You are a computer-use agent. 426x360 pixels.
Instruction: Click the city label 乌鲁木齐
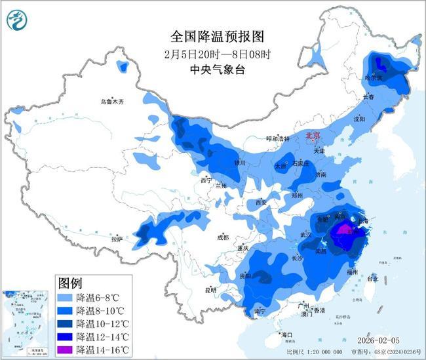[x=111, y=102]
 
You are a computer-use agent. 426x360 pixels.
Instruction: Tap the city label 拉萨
[x=117, y=239]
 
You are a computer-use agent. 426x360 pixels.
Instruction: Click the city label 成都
[x=223, y=237]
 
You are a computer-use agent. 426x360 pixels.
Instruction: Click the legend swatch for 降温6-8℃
[x=66, y=297]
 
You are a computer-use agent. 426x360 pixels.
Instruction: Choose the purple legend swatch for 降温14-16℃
[x=66, y=350]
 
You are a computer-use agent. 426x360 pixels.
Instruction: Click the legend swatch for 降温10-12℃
[x=66, y=323]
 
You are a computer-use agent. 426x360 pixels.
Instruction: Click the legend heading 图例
[x=70, y=283]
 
